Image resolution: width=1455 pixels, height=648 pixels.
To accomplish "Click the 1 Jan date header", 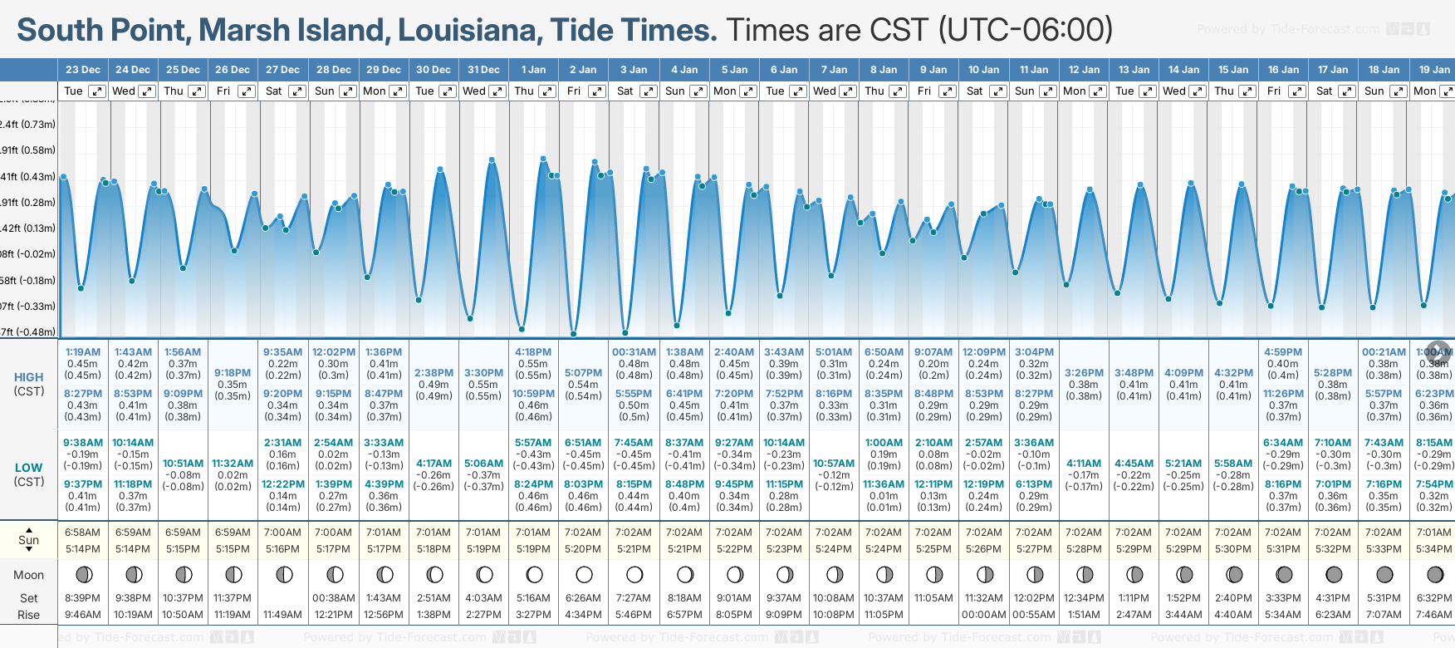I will (533, 70).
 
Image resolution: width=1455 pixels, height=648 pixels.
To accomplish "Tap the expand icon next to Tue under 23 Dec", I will (97, 91).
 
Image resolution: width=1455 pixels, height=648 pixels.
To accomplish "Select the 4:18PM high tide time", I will (533, 352).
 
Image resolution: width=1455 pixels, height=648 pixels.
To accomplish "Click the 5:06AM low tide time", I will (483, 464).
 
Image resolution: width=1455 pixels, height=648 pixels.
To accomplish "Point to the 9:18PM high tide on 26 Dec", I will (233, 373).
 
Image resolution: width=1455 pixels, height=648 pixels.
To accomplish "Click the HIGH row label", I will (29, 377).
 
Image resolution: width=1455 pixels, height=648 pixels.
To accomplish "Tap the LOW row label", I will (29, 468).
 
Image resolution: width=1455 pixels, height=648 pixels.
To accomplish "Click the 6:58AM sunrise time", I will (83, 533).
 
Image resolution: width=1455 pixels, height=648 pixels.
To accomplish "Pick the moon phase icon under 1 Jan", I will (534, 575).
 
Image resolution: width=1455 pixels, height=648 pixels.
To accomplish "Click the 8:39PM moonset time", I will (83, 598).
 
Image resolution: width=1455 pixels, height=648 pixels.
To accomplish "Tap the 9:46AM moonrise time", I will (83, 615).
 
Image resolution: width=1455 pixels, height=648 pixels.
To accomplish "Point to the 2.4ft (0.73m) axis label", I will (29, 125).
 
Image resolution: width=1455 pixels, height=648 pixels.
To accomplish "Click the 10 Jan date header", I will (983, 70).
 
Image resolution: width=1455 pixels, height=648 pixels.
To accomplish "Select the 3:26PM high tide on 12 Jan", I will (1084, 373).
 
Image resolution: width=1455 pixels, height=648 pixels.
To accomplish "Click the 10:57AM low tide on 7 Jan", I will (834, 464).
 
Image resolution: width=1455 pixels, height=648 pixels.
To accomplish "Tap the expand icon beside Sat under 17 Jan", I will (1346, 91).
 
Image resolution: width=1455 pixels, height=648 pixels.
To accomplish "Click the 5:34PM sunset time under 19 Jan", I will (1434, 549).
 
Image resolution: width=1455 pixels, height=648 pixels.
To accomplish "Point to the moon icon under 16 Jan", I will (1284, 575).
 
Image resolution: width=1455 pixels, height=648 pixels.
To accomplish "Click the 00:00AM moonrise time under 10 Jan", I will (983, 615).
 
